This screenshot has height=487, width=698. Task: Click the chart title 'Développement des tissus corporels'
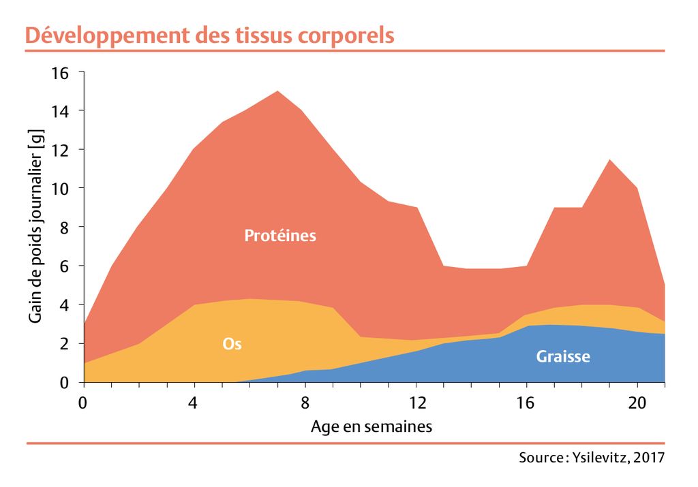coord(210,35)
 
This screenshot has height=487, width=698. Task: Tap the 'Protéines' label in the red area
coord(280,235)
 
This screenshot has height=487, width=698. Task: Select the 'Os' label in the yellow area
coord(232,344)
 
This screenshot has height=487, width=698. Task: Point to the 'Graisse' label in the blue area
coord(563,356)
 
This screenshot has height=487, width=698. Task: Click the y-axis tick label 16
coord(60,72)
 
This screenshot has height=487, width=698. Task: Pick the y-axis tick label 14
coord(60,111)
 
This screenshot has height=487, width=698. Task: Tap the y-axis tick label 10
coord(60,189)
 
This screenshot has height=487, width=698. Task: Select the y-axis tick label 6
coord(65,267)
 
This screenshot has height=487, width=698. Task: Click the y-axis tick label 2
coord(65,344)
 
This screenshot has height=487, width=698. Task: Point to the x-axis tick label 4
coord(193,403)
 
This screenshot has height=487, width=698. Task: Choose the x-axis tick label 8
coord(305,403)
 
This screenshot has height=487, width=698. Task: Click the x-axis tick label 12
coord(418,403)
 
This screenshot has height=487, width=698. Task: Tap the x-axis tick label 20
coord(637,403)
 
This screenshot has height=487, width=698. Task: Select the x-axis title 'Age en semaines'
coord(371,426)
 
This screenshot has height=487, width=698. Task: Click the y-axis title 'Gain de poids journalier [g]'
coord(35,226)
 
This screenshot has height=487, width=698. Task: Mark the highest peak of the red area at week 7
coord(278,91)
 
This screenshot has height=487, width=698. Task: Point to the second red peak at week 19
coord(609,160)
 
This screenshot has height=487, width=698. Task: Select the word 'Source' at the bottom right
coord(542,457)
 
